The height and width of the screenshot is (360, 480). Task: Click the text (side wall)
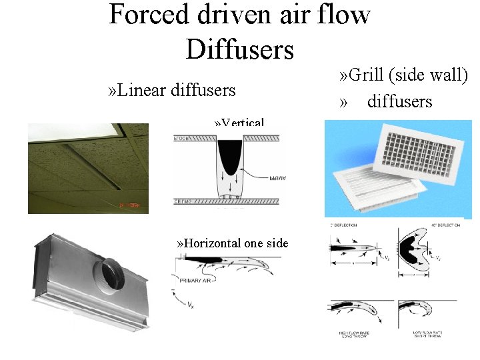coord(434,75)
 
